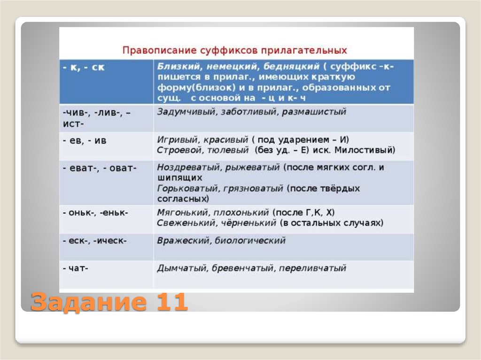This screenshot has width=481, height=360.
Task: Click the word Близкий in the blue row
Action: (173, 67)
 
